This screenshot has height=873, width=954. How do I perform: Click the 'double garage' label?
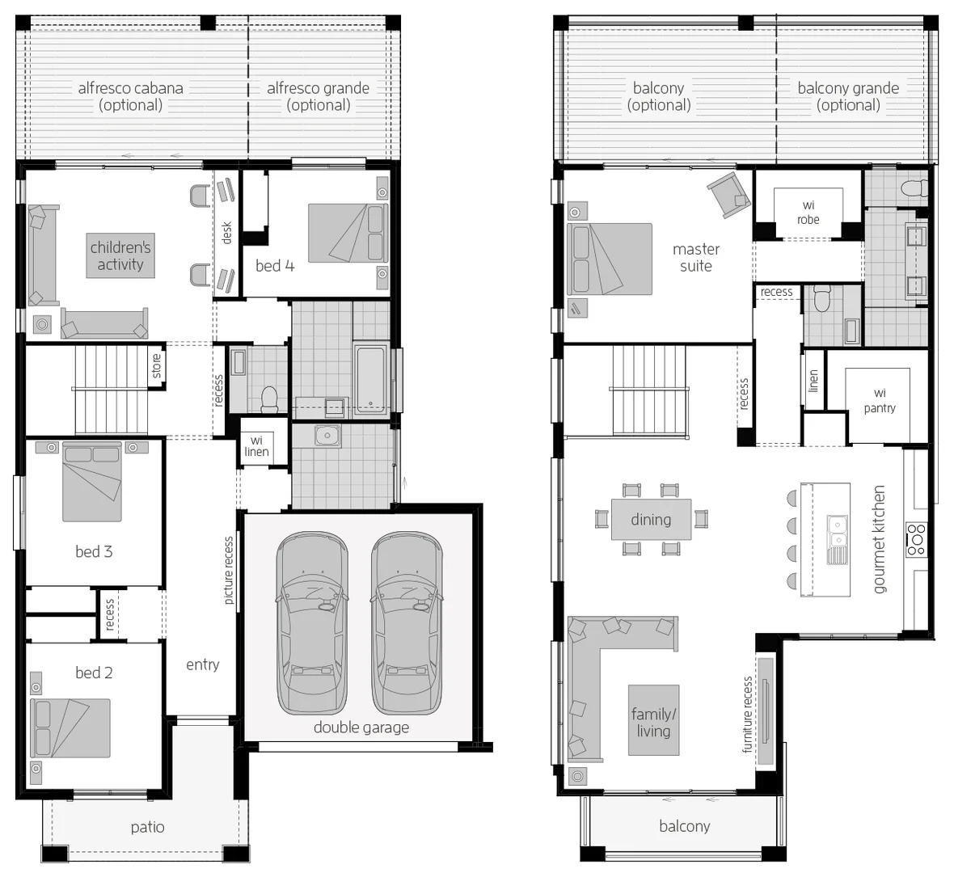click(x=361, y=727)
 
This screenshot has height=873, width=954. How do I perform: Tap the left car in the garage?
click(x=311, y=623)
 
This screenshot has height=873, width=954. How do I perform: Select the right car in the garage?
click(x=407, y=623)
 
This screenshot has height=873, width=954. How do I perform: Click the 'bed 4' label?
click(x=275, y=266)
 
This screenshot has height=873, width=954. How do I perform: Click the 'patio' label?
click(x=147, y=828)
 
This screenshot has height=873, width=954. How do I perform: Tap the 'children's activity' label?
click(x=120, y=256)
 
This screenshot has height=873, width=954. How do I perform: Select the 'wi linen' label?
click(x=257, y=446)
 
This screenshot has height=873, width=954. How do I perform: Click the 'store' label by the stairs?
click(x=157, y=366)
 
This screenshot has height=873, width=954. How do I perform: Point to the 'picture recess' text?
click(x=229, y=570)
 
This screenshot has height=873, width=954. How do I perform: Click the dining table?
click(x=651, y=519)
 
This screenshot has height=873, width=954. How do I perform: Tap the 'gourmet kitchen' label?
click(x=879, y=539)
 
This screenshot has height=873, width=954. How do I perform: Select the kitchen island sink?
click(x=838, y=540)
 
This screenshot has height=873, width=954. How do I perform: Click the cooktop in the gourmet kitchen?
click(x=916, y=539)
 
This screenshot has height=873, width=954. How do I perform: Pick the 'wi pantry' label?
click(x=880, y=401)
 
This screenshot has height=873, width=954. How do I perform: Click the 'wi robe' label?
click(x=808, y=213)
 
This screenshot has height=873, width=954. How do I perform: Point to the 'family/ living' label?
click(x=653, y=722)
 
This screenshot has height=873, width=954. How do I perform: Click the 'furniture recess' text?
click(x=748, y=715)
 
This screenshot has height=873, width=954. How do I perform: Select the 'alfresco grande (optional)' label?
click(x=319, y=97)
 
